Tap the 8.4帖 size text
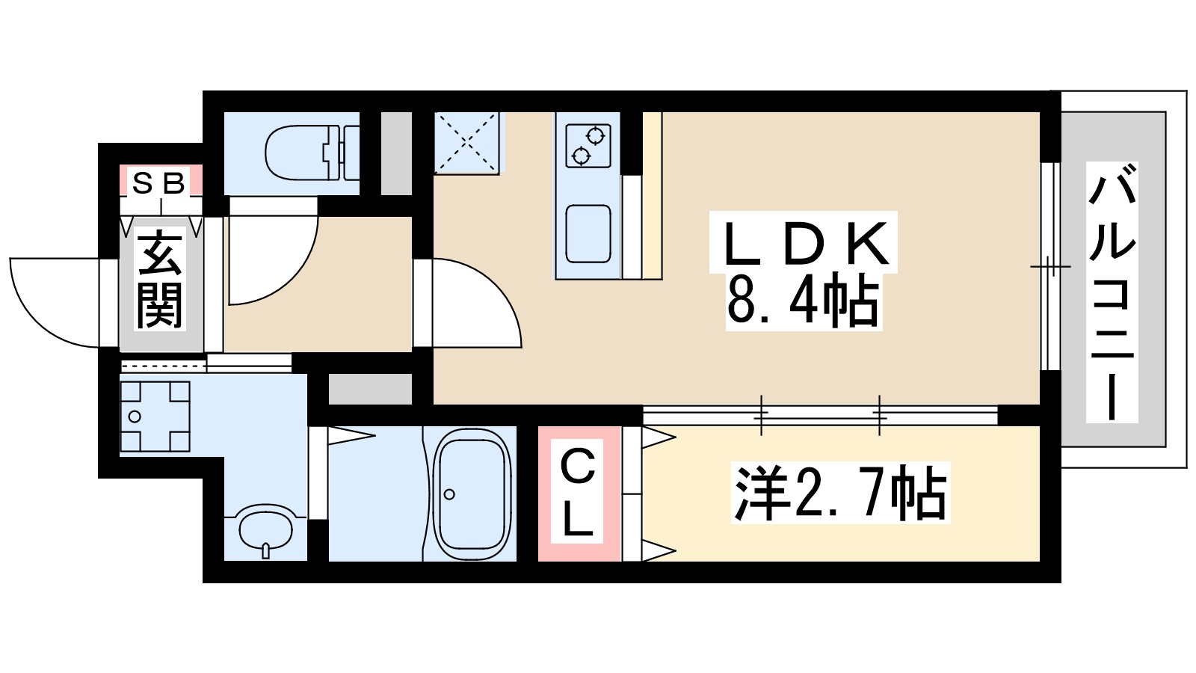click(x=804, y=303)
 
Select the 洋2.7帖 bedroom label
click(x=840, y=493)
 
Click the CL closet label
click(x=577, y=491)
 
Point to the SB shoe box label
click(x=158, y=184)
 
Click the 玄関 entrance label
click(x=160, y=280)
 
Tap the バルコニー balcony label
click(x=1112, y=292)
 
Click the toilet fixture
click(x=312, y=153)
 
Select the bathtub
click(x=471, y=495)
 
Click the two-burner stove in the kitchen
click(x=588, y=146)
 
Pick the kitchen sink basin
click(x=588, y=234)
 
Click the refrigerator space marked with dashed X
click(x=466, y=142)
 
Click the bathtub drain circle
click(x=449, y=494)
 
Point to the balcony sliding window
click(x=1051, y=265)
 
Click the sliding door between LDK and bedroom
click(x=820, y=415)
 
